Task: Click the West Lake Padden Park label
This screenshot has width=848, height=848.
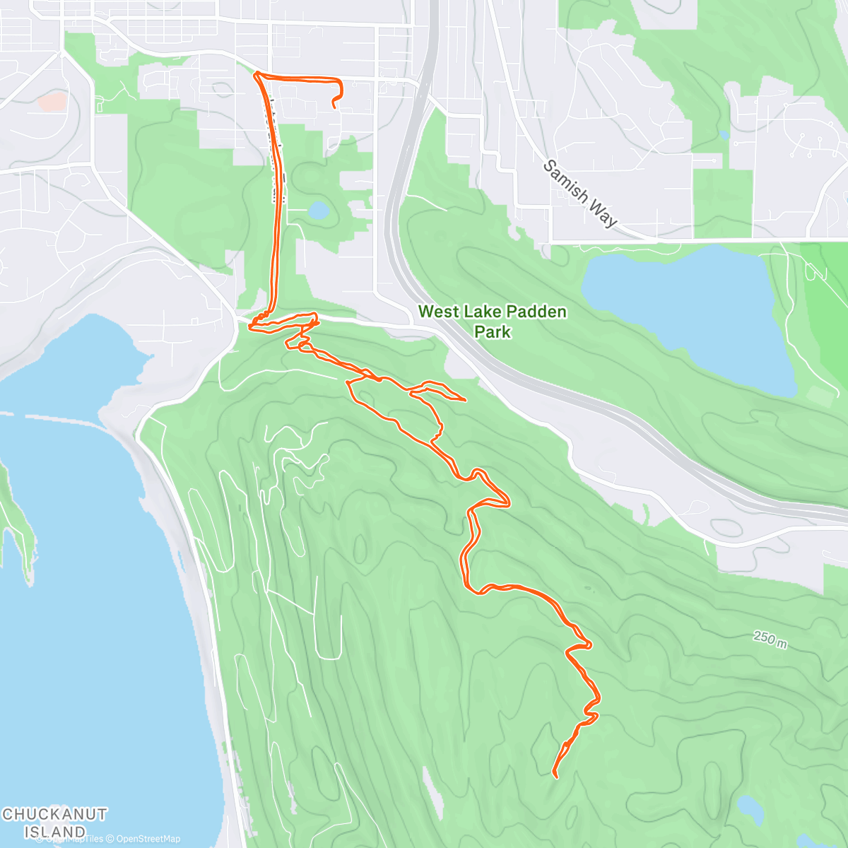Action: (x=493, y=322)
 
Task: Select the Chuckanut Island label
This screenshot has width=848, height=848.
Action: (x=54, y=823)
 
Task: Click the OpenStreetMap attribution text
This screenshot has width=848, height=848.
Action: (x=148, y=839)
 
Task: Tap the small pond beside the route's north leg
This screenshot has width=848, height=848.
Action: (x=318, y=210)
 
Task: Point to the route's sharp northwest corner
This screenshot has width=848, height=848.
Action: (x=255, y=74)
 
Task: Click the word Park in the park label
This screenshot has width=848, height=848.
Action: (x=493, y=331)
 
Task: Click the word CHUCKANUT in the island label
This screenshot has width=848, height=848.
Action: (x=54, y=815)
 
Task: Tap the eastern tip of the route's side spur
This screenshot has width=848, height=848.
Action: (x=464, y=400)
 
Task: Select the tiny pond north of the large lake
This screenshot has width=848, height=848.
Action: (x=724, y=134)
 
